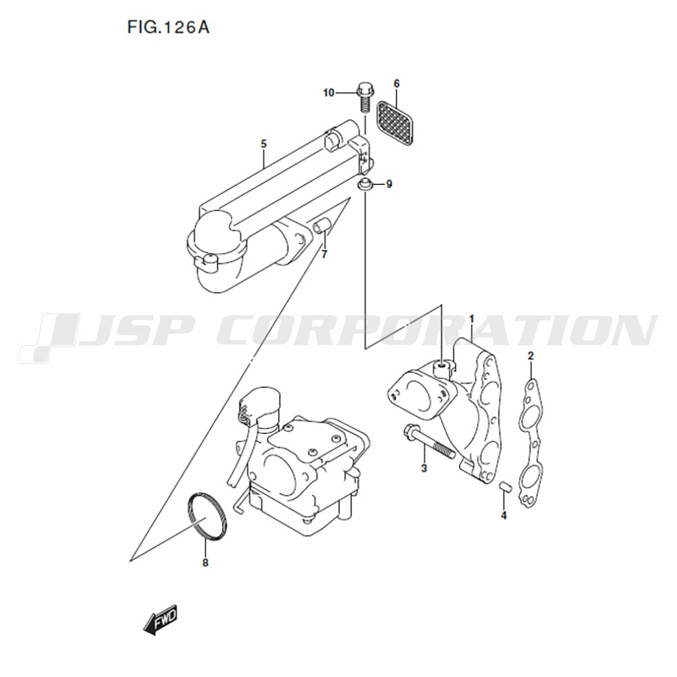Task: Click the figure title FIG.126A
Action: (168, 27)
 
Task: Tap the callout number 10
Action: (328, 93)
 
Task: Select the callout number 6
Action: (397, 83)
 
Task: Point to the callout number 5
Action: (264, 144)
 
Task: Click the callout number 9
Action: (389, 184)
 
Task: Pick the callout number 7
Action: (324, 255)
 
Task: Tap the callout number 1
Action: (472, 319)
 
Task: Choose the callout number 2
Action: (531, 356)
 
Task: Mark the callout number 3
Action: (424, 468)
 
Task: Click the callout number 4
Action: (504, 515)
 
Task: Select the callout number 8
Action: (205, 563)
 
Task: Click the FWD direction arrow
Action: (160, 619)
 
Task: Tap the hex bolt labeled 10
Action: (365, 98)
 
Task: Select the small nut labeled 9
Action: (364, 183)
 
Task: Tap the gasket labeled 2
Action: (530, 443)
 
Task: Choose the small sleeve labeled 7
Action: (322, 225)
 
